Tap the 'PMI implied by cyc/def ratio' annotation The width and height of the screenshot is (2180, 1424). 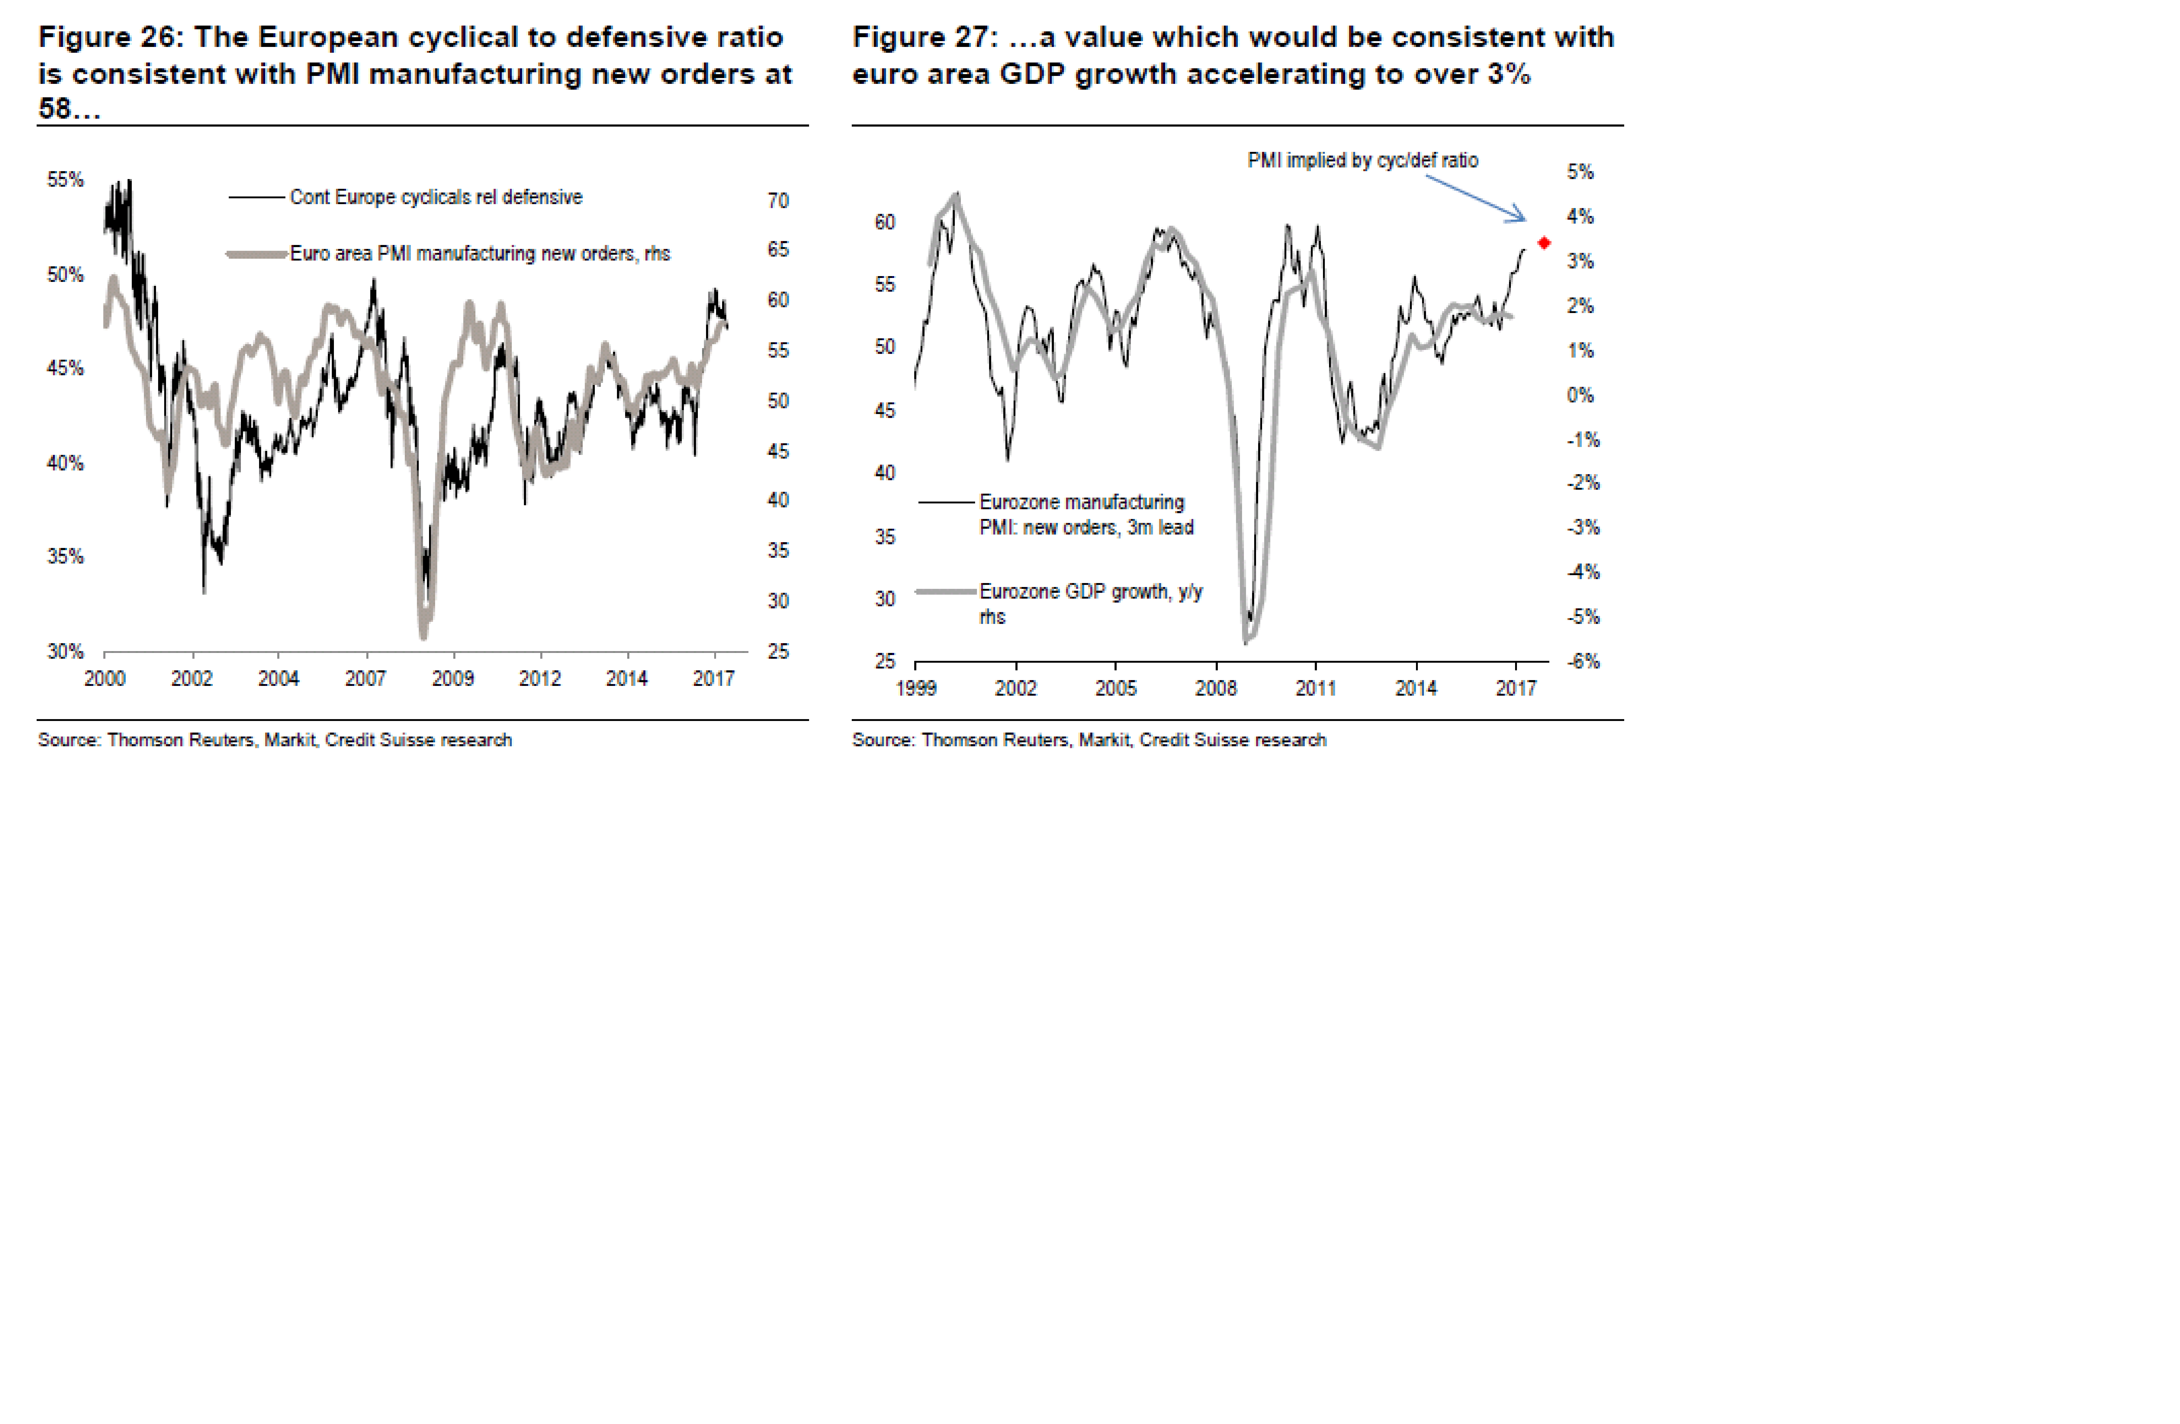tap(1362, 160)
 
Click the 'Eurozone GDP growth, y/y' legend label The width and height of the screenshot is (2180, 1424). tap(1090, 592)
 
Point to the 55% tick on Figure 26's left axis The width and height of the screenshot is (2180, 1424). tap(65, 180)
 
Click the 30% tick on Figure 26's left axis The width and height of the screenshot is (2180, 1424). tap(65, 652)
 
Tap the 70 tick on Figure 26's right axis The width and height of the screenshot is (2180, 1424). tap(778, 201)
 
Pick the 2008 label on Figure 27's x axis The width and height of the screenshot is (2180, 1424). tap(1215, 688)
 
